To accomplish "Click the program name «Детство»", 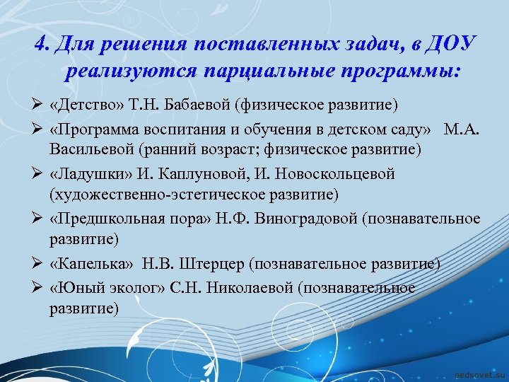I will click(x=83, y=105).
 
